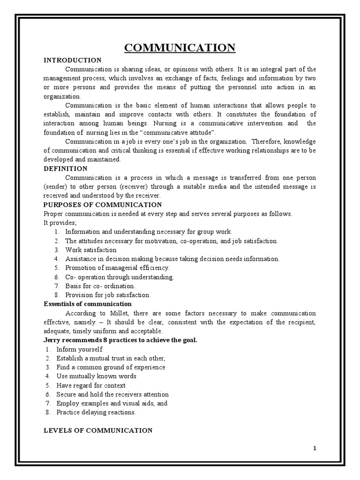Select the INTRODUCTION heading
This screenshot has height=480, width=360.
72,60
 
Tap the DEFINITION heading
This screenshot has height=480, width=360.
65,168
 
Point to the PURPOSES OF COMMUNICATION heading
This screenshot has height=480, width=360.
103,204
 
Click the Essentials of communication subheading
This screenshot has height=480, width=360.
88,304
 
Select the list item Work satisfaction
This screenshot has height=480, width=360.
91,250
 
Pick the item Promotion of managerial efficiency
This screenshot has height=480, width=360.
117,268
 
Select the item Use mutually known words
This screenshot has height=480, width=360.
96,376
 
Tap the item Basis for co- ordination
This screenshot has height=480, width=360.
100,285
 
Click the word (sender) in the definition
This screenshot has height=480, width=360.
57,187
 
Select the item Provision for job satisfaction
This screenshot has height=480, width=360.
108,295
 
